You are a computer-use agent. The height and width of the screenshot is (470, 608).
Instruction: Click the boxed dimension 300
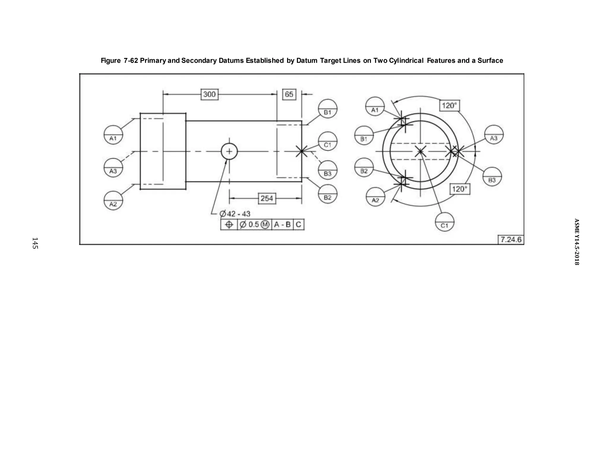pyautogui.click(x=210, y=94)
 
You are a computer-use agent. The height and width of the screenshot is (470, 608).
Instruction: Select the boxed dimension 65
pyautogui.click(x=289, y=94)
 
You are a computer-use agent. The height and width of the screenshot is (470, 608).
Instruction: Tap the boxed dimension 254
pyautogui.click(x=267, y=198)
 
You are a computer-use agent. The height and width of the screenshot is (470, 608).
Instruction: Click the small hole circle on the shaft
pyautogui.click(x=229, y=152)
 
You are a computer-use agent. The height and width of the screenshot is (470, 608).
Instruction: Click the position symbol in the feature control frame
pyautogui.click(x=229, y=225)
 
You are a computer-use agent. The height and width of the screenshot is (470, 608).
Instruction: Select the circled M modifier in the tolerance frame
pyautogui.click(x=265, y=225)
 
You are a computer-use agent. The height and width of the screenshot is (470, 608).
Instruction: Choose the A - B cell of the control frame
pyautogui.click(x=282, y=225)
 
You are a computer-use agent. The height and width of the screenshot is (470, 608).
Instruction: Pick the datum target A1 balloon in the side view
pyautogui.click(x=113, y=135)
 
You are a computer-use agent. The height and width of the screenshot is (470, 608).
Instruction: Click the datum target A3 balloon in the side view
pyautogui.click(x=113, y=168)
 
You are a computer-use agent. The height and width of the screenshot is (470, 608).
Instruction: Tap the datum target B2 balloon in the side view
pyautogui.click(x=327, y=194)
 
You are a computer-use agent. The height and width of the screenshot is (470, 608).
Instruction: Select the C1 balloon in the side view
pyautogui.click(x=327, y=141)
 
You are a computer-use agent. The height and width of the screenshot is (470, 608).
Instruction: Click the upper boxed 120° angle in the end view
pyautogui.click(x=449, y=105)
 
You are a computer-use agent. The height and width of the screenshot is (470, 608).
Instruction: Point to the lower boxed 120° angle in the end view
pyautogui.click(x=460, y=189)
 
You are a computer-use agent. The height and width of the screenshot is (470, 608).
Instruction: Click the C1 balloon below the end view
pyautogui.click(x=444, y=222)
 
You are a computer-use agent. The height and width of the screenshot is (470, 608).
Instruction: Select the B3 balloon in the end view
pyautogui.click(x=492, y=177)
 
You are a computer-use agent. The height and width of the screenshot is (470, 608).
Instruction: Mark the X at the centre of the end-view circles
pyautogui.click(x=420, y=152)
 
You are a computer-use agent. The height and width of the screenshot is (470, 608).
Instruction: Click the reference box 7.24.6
pyautogui.click(x=511, y=239)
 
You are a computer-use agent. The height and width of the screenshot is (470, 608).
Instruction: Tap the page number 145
pyautogui.click(x=35, y=243)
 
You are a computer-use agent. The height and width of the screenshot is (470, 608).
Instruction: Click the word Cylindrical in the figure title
pyautogui.click(x=405, y=61)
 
